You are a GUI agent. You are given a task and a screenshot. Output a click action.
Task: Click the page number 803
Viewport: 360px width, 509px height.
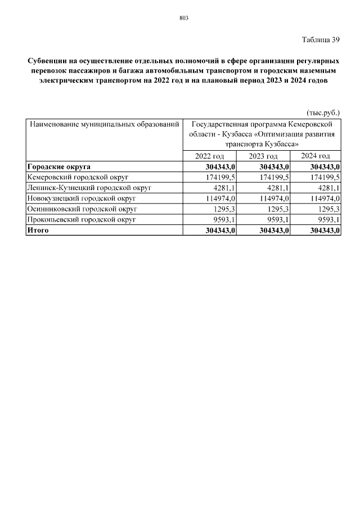click(x=183, y=18)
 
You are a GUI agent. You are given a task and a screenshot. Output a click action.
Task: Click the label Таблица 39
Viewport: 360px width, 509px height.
click(x=321, y=40)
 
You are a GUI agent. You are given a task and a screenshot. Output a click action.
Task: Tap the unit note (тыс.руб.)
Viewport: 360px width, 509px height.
click(x=323, y=112)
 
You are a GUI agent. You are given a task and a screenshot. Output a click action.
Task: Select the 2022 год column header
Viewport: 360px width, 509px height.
click(x=210, y=156)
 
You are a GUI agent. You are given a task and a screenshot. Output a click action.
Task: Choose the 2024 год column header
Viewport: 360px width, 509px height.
click(x=315, y=156)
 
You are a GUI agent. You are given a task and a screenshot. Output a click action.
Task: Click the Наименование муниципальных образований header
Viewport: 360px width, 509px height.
click(x=105, y=123)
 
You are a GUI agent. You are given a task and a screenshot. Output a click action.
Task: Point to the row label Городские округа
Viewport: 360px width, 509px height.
click(x=59, y=166)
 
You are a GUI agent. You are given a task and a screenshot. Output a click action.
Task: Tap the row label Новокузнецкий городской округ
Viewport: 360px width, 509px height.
click(x=82, y=198)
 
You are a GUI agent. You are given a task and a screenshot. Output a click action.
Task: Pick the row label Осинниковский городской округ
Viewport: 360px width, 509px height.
click(x=82, y=209)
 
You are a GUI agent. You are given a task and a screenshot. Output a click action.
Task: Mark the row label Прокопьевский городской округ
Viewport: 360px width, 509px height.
click(x=82, y=219)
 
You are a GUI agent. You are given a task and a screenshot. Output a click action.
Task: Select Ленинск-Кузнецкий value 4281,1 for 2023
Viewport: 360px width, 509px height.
click(x=277, y=188)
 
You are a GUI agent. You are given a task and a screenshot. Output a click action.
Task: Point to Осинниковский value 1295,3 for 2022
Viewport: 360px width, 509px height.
click(x=224, y=209)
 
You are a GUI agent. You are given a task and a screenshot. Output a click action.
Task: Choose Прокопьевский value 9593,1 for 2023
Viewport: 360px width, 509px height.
click(x=277, y=219)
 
